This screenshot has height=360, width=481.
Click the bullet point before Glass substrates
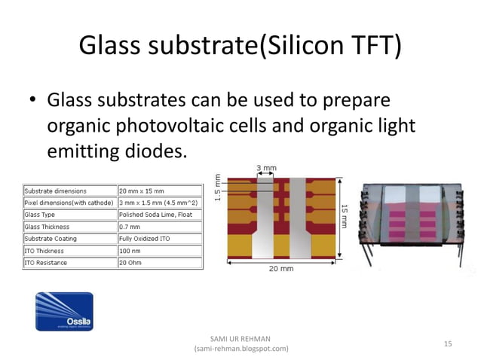coord(33,101)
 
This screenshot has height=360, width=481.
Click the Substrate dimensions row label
coord(56,191)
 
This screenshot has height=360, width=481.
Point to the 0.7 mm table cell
coord(131,227)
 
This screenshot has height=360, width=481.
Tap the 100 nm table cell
coord(131,251)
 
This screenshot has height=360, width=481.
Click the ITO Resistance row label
coord(46,263)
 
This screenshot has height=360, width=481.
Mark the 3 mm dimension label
coord(267,168)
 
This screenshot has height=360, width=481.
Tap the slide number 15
coord(447,343)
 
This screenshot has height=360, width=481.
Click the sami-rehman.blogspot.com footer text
coord(240,349)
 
